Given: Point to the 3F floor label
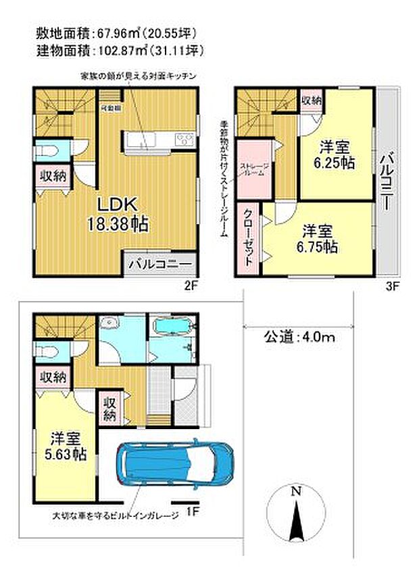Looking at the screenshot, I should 393,285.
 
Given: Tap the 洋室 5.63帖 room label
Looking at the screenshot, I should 66,446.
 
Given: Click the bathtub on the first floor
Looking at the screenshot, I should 174,327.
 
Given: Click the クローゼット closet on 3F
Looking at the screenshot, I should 248,236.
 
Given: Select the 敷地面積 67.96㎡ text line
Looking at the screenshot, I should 110,31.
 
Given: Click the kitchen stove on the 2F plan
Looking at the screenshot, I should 184,140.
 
